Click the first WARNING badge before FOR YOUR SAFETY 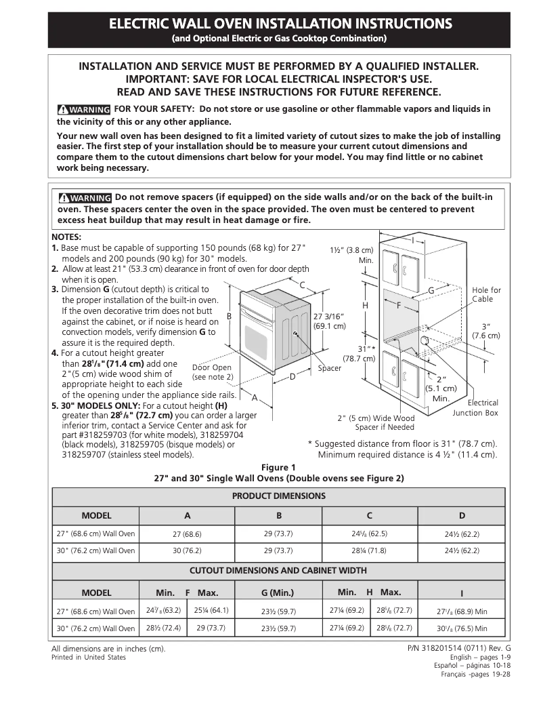tap(84, 110)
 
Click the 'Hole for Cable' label tap(486, 294)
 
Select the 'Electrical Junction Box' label tap(476, 407)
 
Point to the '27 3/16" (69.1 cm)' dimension tap(330, 321)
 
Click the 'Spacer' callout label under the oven tap(330, 368)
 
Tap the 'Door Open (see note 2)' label tap(212, 372)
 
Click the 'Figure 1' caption tap(279, 467)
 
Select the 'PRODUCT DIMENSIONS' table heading tap(279, 496)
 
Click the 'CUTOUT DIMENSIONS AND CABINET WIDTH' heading tap(279, 571)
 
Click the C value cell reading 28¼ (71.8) tap(370, 551)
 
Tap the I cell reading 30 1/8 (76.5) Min tap(462, 628)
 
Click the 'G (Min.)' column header tap(278, 592)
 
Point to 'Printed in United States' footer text tap(89, 658)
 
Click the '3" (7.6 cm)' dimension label tap(486, 331)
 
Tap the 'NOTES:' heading tap(66, 237)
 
